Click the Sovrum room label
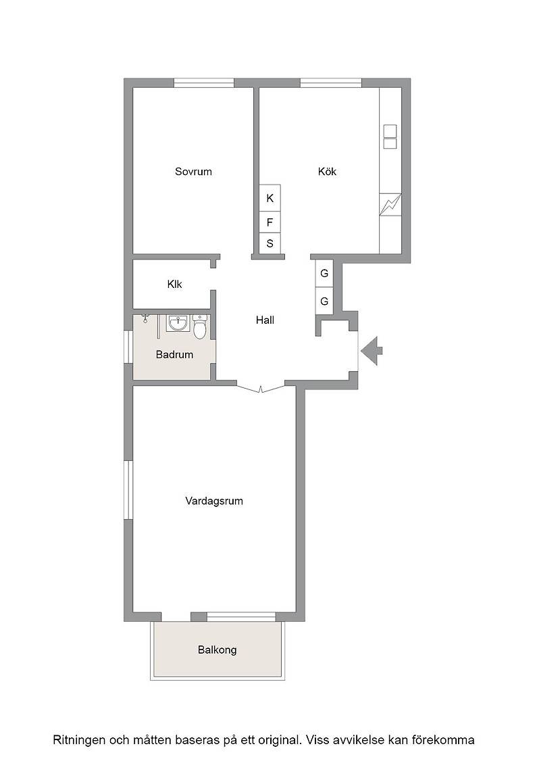[x=193, y=172]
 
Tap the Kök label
[x=327, y=172]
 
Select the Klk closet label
[x=175, y=285]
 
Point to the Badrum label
[x=174, y=354]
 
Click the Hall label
[x=265, y=320]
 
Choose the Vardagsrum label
[x=213, y=501]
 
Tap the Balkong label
[x=217, y=650]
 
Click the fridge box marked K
[x=270, y=197]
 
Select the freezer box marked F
[x=270, y=222]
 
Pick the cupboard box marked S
[x=270, y=243]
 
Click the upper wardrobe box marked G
[x=324, y=273]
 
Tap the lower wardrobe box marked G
[x=324, y=301]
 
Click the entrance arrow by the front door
[x=372, y=351]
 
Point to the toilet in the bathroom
[x=200, y=326]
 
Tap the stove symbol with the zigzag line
[x=390, y=205]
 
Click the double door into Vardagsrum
[x=261, y=388]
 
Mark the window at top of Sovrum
[x=204, y=83]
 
